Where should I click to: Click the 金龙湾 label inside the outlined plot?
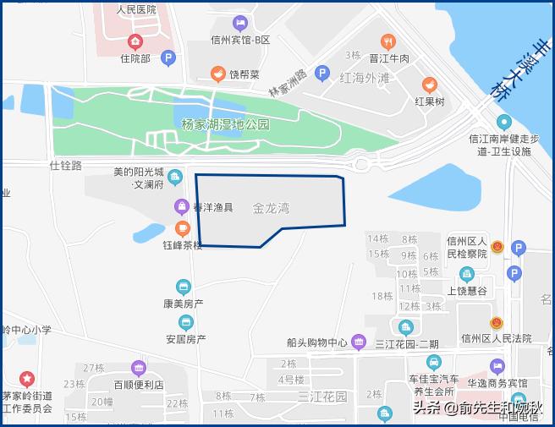[271, 208]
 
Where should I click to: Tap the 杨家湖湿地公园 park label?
[225, 124]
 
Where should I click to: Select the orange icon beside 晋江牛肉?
[388, 41]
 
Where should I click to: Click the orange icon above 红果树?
[430, 85]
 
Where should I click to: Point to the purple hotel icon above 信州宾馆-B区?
[239, 23]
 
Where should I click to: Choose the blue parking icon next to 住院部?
[168, 58]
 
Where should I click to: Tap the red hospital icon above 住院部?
[135, 41]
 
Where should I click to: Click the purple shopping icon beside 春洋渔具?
[182, 205]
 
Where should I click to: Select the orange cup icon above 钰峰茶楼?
[182, 228]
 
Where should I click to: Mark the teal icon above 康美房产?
[183, 287]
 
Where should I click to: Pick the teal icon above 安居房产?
[185, 322]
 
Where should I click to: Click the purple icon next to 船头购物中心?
[359, 342]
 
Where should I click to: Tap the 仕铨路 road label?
[66, 166]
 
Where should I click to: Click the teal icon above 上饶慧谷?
[466, 274]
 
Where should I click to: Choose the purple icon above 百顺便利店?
[139, 368]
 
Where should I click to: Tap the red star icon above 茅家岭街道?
[27, 378]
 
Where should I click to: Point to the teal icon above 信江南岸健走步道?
[503, 122]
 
